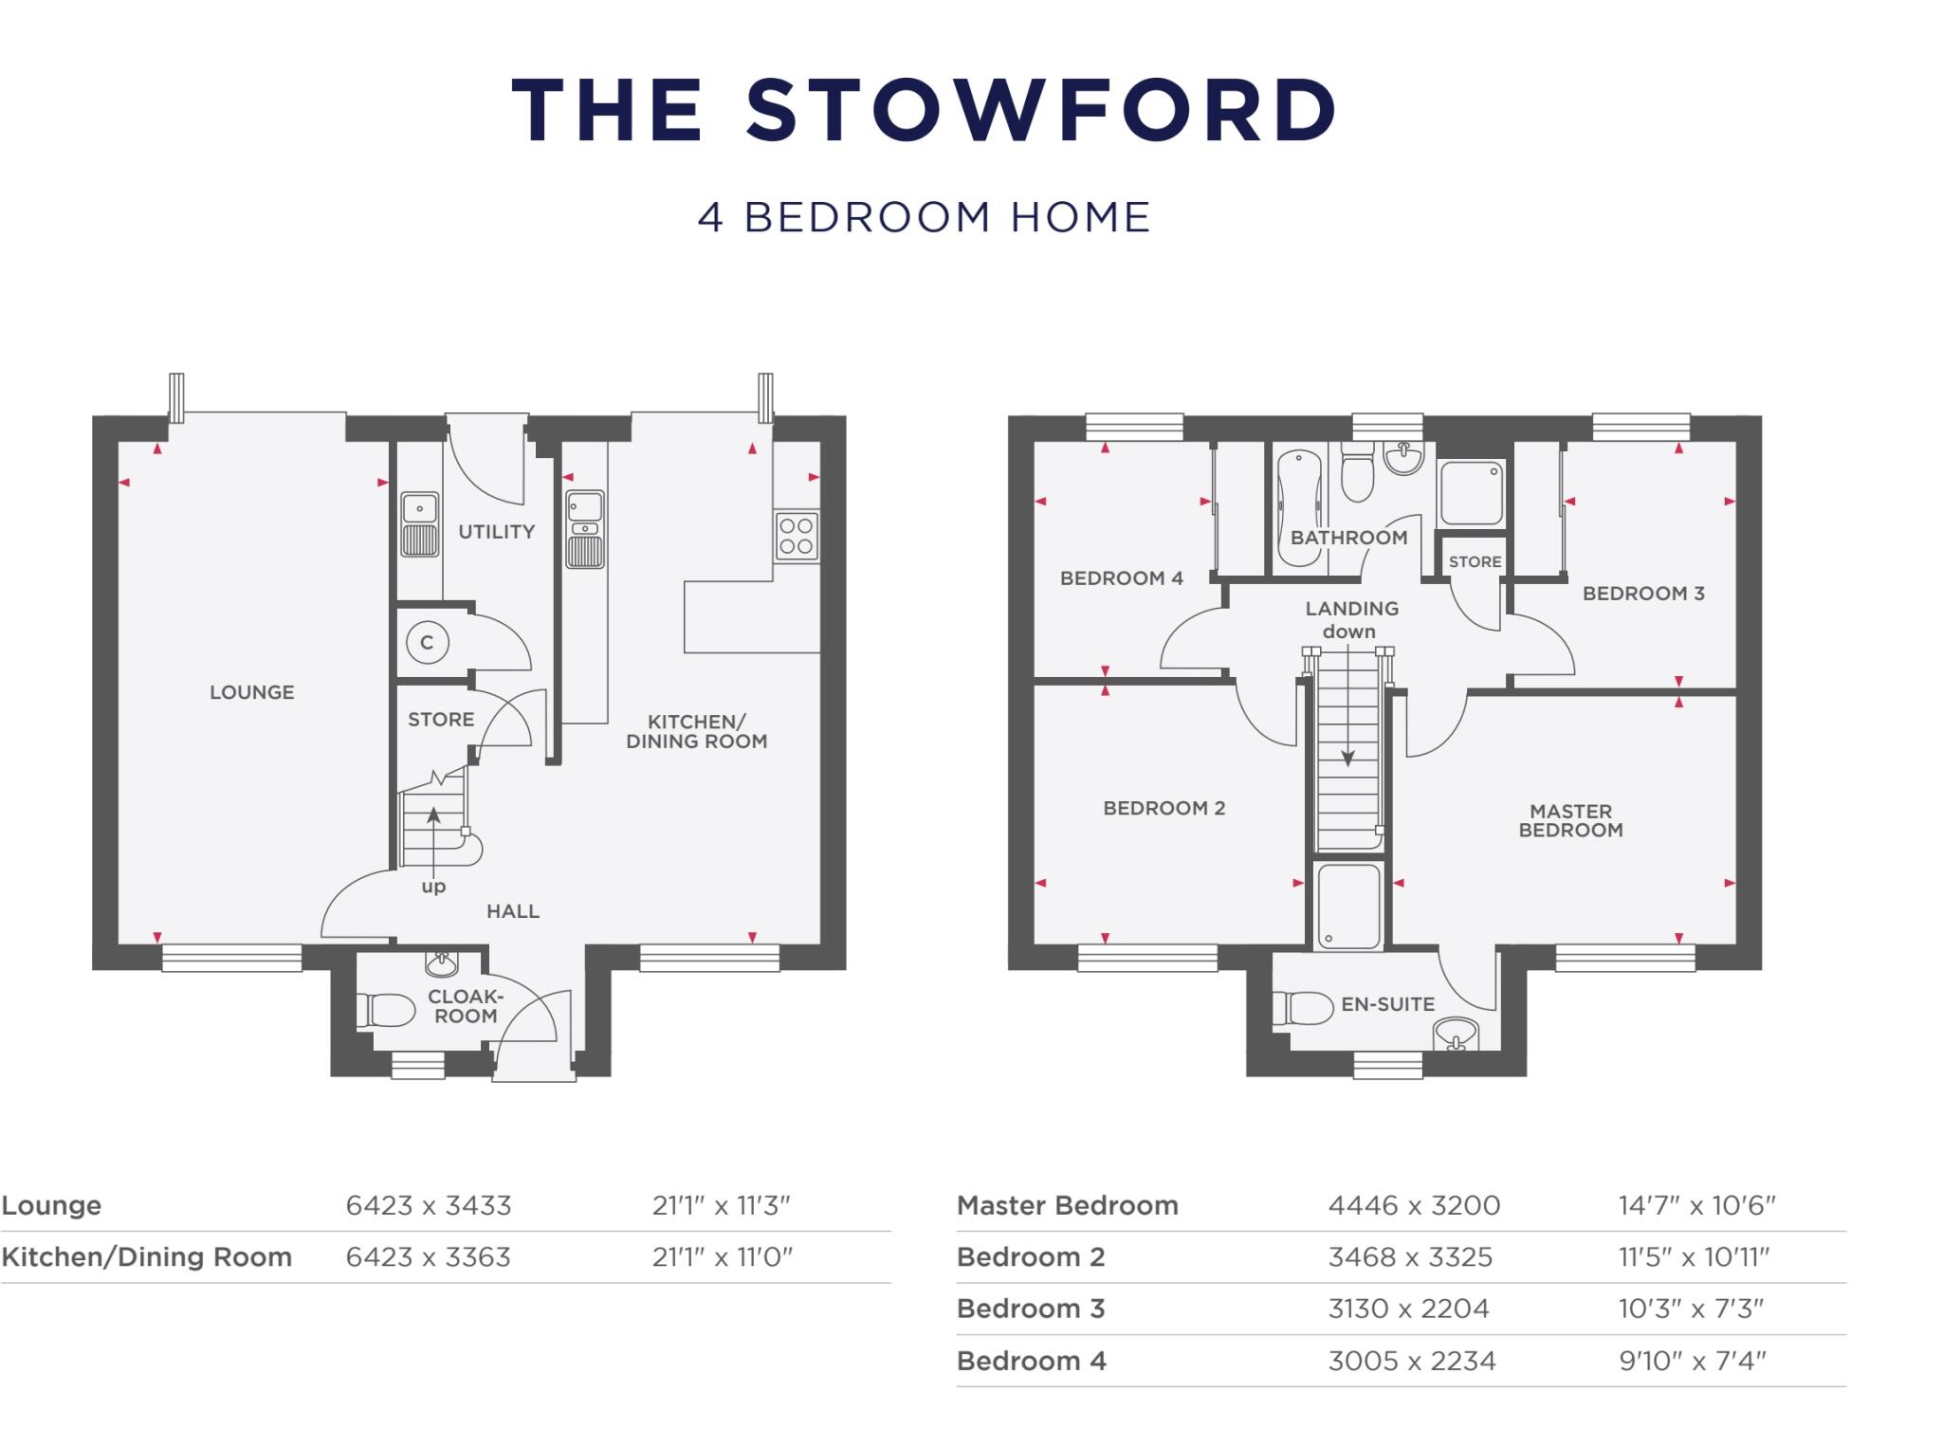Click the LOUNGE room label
click(251, 692)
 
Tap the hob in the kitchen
click(797, 536)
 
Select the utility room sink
click(419, 523)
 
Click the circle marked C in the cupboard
click(427, 643)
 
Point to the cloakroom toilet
click(387, 1010)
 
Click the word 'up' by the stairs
click(433, 887)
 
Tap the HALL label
click(512, 911)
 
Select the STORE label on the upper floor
click(1475, 561)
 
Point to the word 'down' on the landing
click(1348, 632)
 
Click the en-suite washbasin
click(1456, 1034)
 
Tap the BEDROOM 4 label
click(1121, 577)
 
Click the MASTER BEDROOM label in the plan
click(1570, 820)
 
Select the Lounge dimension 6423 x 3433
click(429, 1205)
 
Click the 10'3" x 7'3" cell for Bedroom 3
click(1690, 1309)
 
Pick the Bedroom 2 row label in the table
click(1031, 1256)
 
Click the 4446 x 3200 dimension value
click(1414, 1205)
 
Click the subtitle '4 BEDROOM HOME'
click(924, 217)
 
